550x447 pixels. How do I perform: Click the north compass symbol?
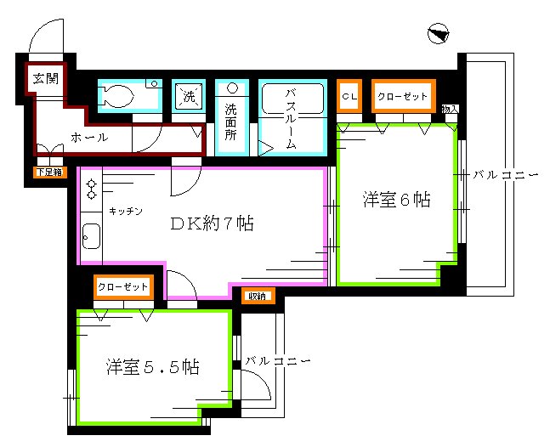[439, 35]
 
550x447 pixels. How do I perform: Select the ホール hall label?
[88, 137]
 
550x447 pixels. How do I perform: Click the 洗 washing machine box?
[187, 96]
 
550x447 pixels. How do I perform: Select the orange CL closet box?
[349, 97]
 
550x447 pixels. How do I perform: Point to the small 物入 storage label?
[450, 109]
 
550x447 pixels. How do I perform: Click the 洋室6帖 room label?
[395, 200]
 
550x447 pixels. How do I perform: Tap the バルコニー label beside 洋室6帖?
[506, 175]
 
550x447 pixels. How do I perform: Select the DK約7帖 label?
[213, 224]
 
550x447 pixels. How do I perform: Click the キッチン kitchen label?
[125, 210]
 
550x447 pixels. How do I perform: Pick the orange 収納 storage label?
[257, 296]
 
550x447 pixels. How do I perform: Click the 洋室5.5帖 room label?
[153, 367]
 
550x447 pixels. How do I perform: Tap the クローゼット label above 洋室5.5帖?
[122, 287]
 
